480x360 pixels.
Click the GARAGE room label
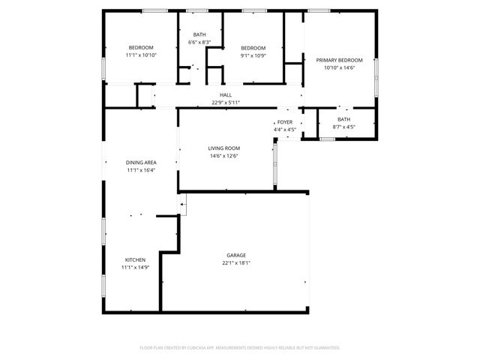point(236,255)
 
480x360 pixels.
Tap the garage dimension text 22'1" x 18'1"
point(236,263)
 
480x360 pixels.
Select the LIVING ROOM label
point(223,148)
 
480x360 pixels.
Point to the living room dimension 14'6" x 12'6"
point(223,156)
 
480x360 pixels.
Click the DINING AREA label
point(140,162)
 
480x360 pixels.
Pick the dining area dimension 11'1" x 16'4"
point(140,170)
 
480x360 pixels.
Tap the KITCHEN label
point(135,259)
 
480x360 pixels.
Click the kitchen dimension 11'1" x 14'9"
point(135,268)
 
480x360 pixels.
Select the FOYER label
point(285,121)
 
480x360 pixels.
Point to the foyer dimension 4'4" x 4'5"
point(285,129)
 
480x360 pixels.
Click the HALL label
point(226,94)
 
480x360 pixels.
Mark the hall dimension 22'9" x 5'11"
point(226,102)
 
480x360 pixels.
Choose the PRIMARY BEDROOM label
point(339,60)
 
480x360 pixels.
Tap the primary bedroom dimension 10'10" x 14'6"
point(339,68)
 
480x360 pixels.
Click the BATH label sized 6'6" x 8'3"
point(199,34)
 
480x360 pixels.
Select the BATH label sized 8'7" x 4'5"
point(343,119)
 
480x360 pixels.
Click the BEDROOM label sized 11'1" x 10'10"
point(140,47)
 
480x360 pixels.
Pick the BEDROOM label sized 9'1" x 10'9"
point(253,47)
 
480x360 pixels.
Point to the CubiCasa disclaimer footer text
point(240,347)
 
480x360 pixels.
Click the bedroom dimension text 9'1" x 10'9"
point(253,55)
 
